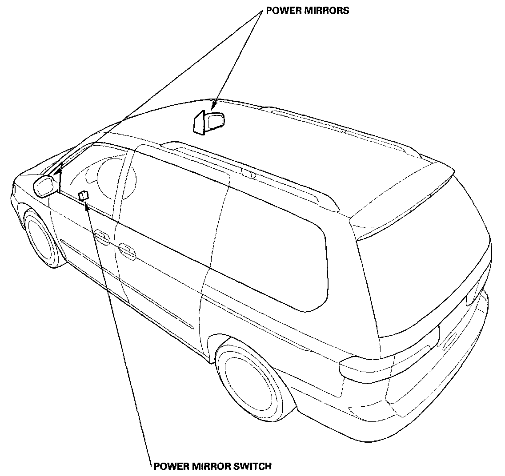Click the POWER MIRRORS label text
307,11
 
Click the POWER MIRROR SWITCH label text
212,466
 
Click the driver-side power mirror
46,186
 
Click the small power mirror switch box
83,195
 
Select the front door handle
102,238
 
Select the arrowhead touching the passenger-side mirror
213,107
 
